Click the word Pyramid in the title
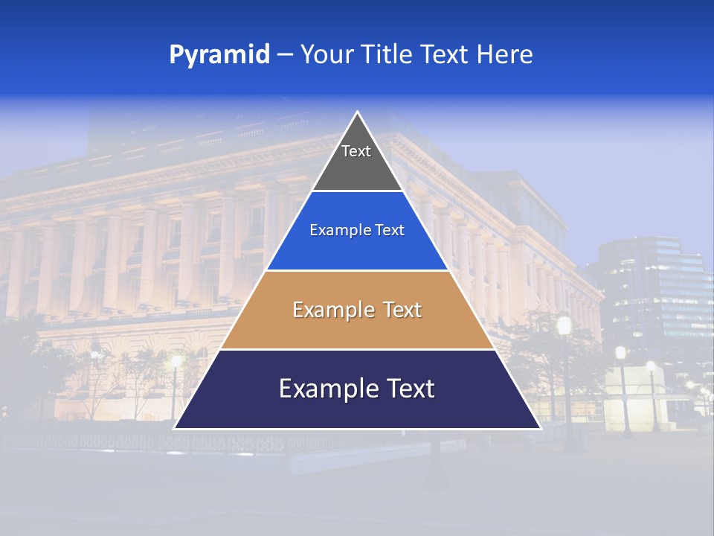click(x=219, y=55)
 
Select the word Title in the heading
click(x=387, y=54)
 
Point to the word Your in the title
click(x=325, y=54)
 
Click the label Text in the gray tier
click(x=356, y=151)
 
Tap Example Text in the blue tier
click(x=357, y=230)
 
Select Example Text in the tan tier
click(x=357, y=310)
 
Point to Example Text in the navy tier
click(x=357, y=389)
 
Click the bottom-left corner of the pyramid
click(x=175, y=428)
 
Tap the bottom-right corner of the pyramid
click(x=540, y=428)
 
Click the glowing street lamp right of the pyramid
click(x=565, y=325)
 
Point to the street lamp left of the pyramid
click(x=176, y=362)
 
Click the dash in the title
click(x=285, y=55)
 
